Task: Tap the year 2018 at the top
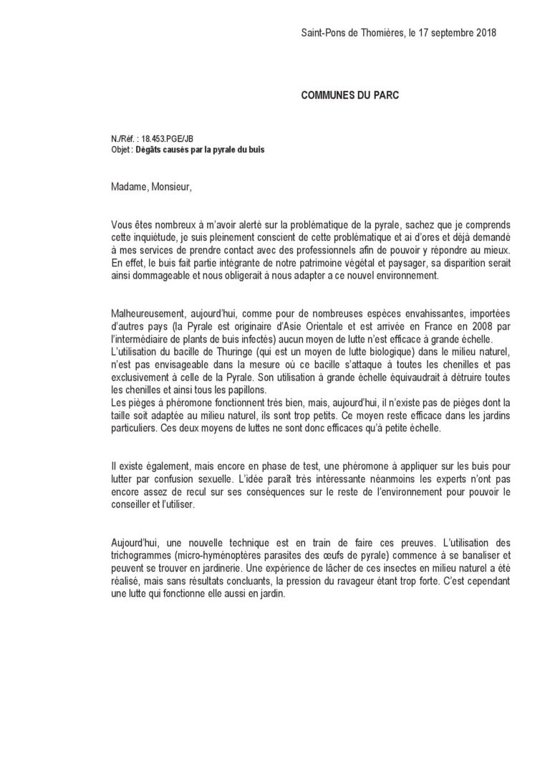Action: pos(483,33)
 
